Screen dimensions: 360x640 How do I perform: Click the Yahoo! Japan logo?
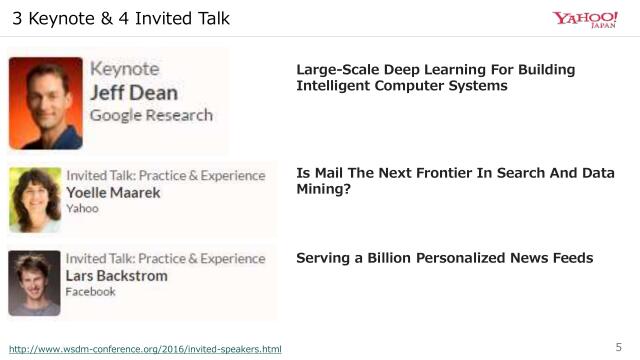[x=585, y=19]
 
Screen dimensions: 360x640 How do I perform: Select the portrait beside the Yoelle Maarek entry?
[x=35, y=200]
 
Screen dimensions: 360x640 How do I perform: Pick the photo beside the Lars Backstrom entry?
[x=35, y=282]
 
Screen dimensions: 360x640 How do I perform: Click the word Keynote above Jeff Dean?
[x=125, y=69]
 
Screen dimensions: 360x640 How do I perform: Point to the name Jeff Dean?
[x=134, y=92]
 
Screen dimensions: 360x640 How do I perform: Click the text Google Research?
[x=151, y=115]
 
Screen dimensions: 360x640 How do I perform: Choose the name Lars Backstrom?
[x=116, y=275]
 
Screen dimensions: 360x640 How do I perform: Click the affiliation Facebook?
[x=90, y=292]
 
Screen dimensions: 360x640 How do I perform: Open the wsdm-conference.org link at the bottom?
[x=145, y=349]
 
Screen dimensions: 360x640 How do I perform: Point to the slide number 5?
[x=617, y=347]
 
